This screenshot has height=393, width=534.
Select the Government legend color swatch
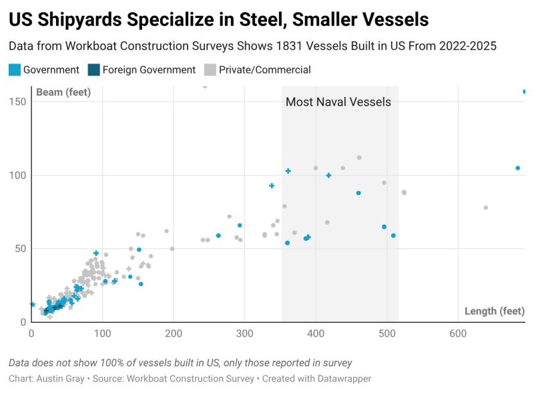[x=14, y=70]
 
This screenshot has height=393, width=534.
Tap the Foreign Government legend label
[x=149, y=70]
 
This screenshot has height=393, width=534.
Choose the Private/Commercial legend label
[x=265, y=70]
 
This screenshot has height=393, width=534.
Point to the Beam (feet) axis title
[x=63, y=92]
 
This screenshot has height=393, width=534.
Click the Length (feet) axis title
[x=495, y=311]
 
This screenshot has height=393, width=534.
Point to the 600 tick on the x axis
[x=457, y=333]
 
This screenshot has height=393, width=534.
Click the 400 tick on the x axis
[x=316, y=333]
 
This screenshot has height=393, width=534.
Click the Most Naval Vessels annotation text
[x=338, y=102]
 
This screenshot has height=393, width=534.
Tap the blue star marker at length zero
[x=32, y=304]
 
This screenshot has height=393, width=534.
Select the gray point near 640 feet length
[x=485, y=208]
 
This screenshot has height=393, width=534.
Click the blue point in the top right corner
[x=525, y=92]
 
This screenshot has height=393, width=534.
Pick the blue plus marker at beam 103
[x=288, y=171]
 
